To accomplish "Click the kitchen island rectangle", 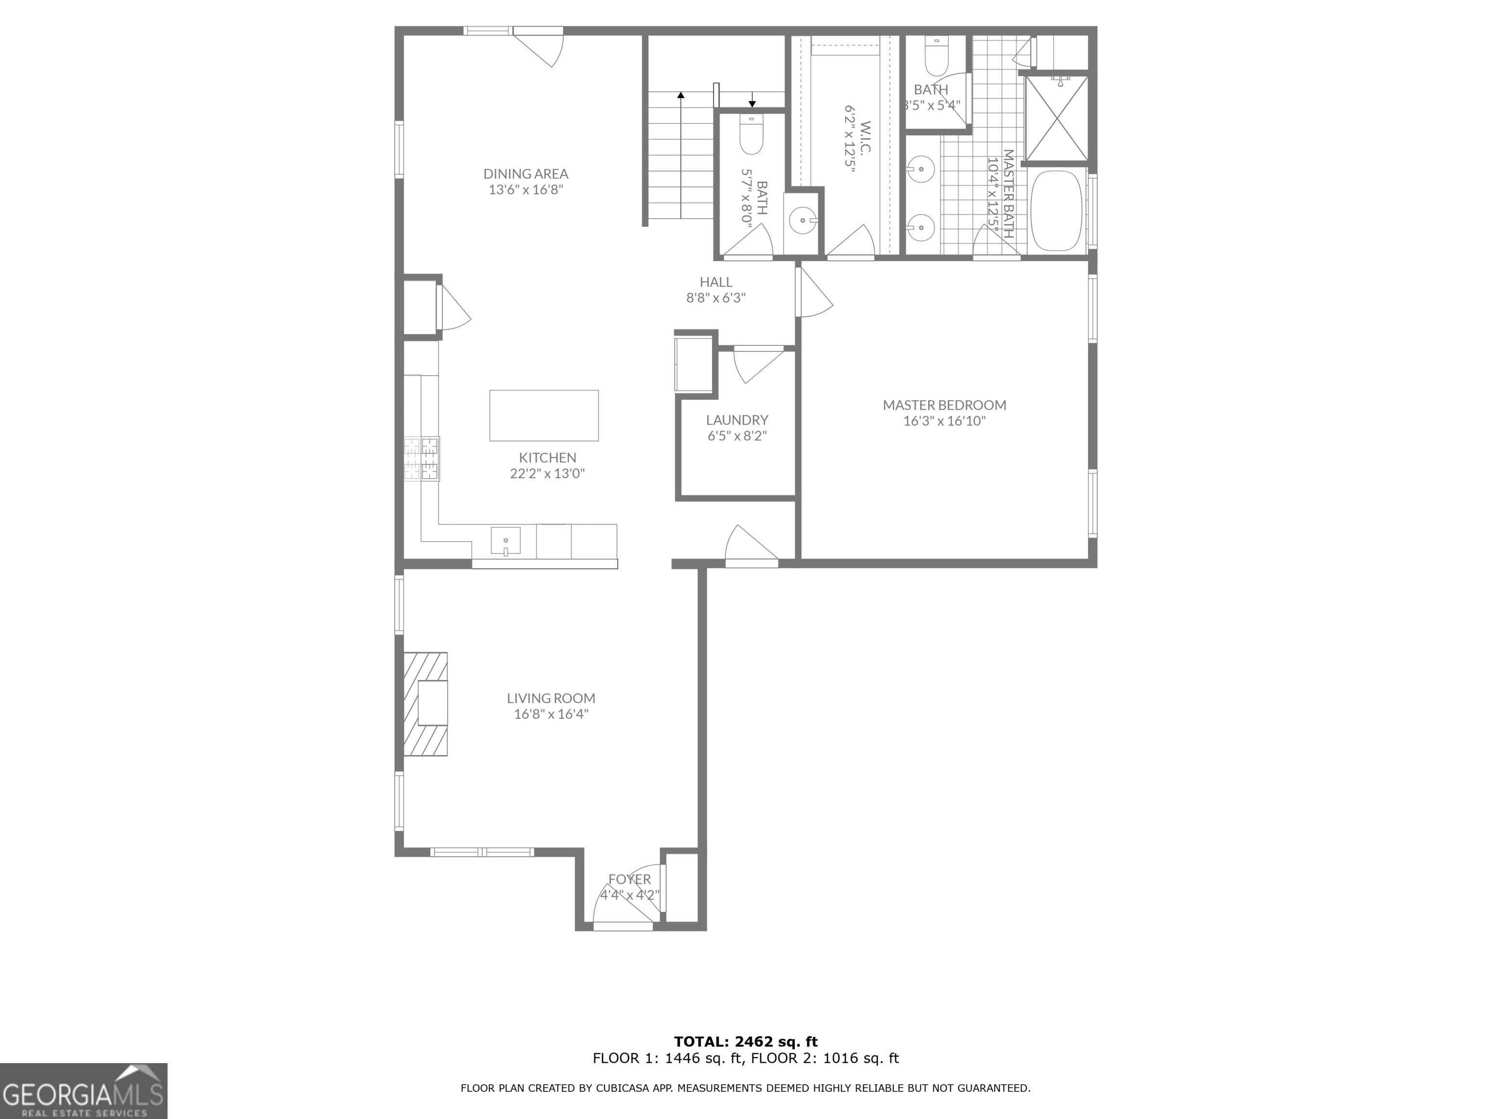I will tap(543, 415).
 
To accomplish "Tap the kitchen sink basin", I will tap(505, 541).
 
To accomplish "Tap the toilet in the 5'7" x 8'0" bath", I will tap(751, 137).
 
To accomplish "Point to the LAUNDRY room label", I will tap(737, 420).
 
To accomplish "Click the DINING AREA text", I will tap(526, 174).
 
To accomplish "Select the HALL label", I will tap(716, 282).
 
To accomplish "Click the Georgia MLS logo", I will tap(83, 1091).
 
